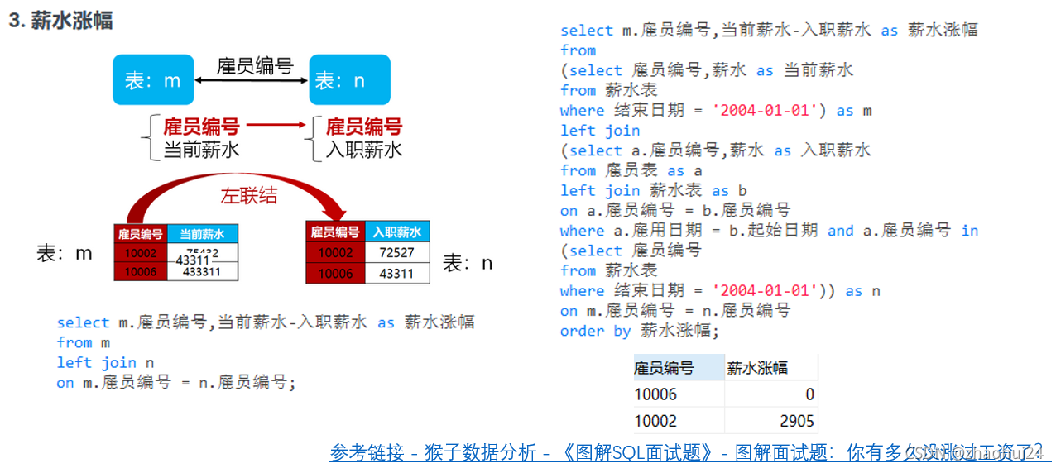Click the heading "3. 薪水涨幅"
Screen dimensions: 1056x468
60,21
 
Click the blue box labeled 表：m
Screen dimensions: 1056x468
153,80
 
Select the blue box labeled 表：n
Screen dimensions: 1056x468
349,80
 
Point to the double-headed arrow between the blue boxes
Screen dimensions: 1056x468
252,80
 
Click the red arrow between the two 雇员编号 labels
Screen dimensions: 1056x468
276,127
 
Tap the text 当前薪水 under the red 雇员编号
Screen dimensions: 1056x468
201,150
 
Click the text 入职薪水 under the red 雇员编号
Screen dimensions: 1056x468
364,150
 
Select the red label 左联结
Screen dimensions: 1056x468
248,196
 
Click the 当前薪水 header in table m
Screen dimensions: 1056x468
202,234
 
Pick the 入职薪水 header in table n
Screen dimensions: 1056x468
396,232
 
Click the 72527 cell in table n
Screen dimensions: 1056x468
396,252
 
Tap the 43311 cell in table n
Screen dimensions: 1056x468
396,273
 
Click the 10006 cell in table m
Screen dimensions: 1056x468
140,271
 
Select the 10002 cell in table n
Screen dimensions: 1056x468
335,252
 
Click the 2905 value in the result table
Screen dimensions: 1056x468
796,420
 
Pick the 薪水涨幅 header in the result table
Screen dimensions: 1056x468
757,368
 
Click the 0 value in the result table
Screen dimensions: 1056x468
809,394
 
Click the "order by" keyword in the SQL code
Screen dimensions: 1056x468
595,332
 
